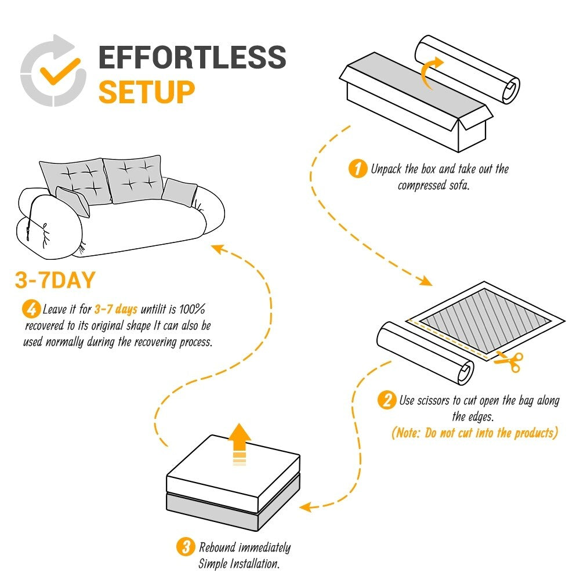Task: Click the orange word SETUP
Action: coord(146,92)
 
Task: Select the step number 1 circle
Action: coord(357,169)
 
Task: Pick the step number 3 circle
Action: coord(185,547)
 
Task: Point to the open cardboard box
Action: coord(415,104)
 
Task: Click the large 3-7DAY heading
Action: coord(55,281)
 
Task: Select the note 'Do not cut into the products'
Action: coord(474,433)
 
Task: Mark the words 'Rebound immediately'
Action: coord(244,547)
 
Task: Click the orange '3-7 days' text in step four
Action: coord(115,309)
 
